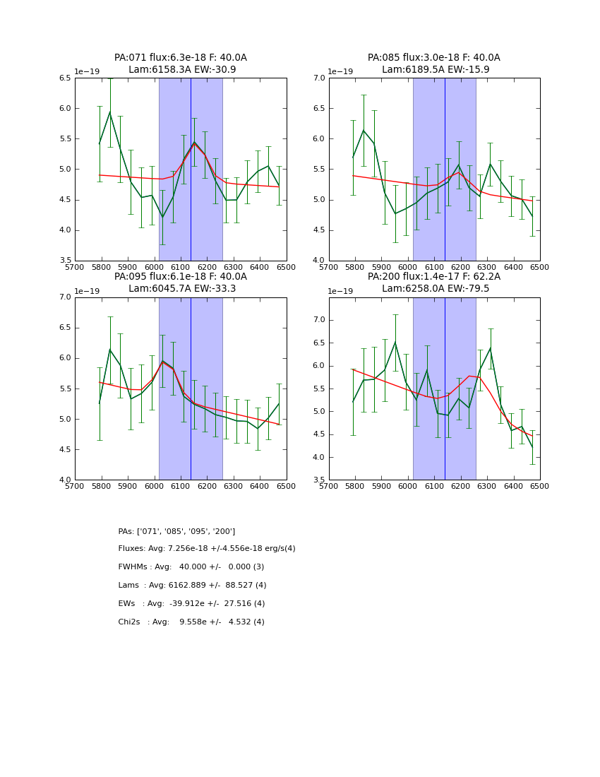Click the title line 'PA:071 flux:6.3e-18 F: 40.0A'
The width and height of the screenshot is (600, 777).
[181, 58]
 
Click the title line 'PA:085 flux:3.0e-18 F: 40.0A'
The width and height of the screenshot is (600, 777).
[433, 58]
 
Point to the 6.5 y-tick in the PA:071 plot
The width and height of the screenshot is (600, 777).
[64, 78]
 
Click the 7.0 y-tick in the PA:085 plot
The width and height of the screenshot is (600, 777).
[318, 78]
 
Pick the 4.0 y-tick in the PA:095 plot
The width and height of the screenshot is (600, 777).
[64, 480]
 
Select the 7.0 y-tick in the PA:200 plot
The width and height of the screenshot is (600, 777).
[318, 320]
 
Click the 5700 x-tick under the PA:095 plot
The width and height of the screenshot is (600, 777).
[75, 486]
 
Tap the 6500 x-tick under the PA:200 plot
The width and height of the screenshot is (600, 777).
[540, 486]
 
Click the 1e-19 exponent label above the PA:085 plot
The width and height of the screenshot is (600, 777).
[340, 72]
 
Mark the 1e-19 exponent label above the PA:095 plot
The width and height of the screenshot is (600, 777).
[87, 291]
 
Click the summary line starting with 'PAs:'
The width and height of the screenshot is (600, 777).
[176, 531]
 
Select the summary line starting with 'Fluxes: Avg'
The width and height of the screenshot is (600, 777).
[207, 549]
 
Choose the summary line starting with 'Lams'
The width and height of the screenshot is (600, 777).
[192, 586]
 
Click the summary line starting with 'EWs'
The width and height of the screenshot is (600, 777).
[191, 604]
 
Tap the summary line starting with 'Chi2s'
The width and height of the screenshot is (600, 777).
[191, 622]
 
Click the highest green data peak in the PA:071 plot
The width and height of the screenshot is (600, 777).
[109, 112]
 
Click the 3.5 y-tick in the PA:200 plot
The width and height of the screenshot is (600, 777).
[318, 480]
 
